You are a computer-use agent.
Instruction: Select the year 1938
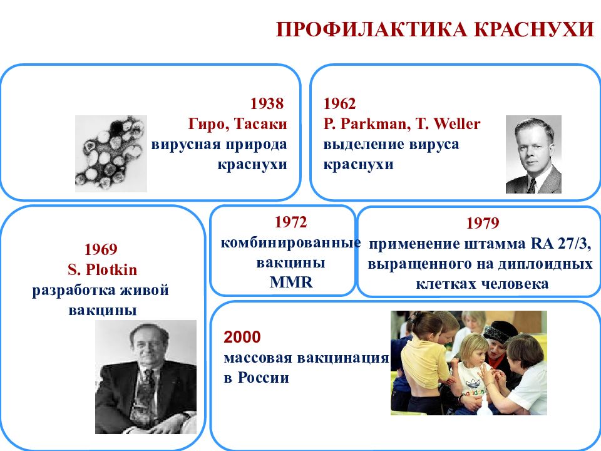point(267,103)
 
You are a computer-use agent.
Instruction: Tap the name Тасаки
point(260,124)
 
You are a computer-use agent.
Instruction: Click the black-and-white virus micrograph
point(111,153)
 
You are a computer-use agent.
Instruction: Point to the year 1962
point(339,103)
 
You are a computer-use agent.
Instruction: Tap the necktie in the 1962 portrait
point(532,186)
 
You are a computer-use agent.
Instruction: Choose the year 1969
point(101,249)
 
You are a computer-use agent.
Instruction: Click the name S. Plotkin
point(102,269)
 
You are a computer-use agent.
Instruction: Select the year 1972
point(291,222)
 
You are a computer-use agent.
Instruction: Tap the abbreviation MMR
point(291,283)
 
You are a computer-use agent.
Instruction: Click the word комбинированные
point(290,243)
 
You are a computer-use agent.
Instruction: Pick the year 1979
point(483,223)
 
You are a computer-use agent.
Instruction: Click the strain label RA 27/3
point(560,244)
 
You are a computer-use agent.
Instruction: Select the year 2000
point(242,337)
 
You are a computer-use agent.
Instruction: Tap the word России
point(264,378)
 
